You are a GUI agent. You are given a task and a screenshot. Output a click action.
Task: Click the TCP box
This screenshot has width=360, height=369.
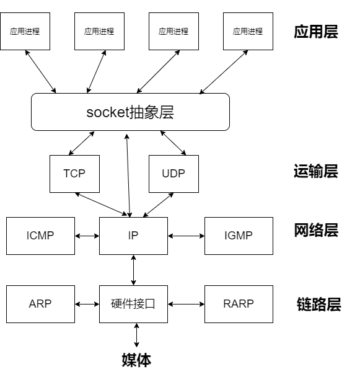(x=74, y=174)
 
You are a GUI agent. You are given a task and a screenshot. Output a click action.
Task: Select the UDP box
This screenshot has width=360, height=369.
(x=173, y=174)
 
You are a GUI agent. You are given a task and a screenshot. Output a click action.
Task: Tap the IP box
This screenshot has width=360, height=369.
(x=134, y=236)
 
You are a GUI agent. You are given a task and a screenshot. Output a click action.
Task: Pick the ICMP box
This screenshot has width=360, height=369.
(x=40, y=236)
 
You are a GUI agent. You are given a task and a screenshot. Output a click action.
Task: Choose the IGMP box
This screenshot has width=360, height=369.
(x=239, y=236)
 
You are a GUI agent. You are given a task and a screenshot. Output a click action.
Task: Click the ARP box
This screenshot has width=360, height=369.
(x=40, y=304)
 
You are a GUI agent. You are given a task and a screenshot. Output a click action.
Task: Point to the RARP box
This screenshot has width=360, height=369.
(x=239, y=304)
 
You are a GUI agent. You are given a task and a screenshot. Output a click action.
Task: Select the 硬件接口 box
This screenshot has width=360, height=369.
(x=134, y=304)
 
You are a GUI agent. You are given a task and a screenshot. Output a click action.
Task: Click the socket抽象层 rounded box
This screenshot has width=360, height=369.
(x=130, y=112)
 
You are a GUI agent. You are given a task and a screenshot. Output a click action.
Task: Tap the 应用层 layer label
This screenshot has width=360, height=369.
(x=316, y=32)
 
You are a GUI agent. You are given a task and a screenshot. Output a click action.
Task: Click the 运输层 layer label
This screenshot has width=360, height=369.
(x=316, y=171)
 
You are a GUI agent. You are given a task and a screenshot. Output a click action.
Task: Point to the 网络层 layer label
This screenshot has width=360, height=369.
(x=316, y=230)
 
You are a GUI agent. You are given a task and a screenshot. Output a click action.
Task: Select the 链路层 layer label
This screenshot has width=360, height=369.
(x=319, y=305)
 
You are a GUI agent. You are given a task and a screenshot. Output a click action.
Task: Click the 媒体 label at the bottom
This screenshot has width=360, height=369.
(x=136, y=360)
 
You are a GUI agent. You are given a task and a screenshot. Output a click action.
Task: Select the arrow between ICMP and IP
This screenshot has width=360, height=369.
(x=87, y=236)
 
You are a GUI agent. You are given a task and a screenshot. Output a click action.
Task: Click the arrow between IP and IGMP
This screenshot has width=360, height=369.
(x=187, y=236)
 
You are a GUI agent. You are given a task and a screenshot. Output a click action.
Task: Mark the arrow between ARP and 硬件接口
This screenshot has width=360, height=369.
(x=87, y=304)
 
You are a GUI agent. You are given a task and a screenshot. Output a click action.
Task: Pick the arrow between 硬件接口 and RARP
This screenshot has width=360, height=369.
(x=187, y=304)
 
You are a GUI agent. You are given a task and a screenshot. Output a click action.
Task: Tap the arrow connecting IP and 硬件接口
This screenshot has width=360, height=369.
(x=134, y=270)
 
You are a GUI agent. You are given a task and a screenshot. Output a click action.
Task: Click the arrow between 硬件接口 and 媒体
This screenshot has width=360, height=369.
(x=136, y=335)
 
